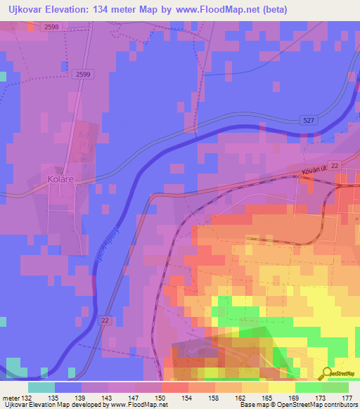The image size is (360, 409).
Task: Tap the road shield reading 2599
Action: [82, 74]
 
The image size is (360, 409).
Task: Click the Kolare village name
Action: [61, 179]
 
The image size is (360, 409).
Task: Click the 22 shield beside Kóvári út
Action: [334, 164]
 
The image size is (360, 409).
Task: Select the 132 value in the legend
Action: [26, 398]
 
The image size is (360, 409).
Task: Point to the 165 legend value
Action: [267, 398]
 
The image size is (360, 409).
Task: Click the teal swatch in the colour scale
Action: [41, 387]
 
